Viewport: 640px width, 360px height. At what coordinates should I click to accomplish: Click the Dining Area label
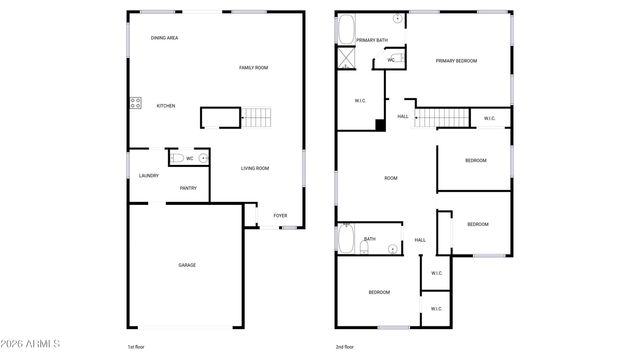tap(164, 38)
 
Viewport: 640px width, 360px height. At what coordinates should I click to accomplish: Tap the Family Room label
tap(253, 67)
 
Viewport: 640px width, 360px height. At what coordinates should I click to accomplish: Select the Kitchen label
tap(165, 105)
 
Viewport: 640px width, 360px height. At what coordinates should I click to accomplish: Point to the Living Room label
tap(255, 168)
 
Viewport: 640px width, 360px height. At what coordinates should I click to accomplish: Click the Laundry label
tap(148, 176)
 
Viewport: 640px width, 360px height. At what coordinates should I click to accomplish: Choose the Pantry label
tap(188, 188)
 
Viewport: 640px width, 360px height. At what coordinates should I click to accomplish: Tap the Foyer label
tap(281, 215)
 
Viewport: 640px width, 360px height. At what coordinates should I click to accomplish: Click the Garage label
tap(187, 265)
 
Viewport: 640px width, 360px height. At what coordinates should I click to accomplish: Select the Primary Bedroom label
tap(456, 61)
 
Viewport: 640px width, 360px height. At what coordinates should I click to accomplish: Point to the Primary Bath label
tap(372, 39)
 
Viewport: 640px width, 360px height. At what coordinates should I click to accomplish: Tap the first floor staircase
tap(257, 119)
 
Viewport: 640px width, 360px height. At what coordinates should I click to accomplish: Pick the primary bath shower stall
tap(347, 56)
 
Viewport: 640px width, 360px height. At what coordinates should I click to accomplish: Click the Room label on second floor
tap(391, 178)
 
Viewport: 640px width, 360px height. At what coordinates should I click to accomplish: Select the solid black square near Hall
tap(380, 125)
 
